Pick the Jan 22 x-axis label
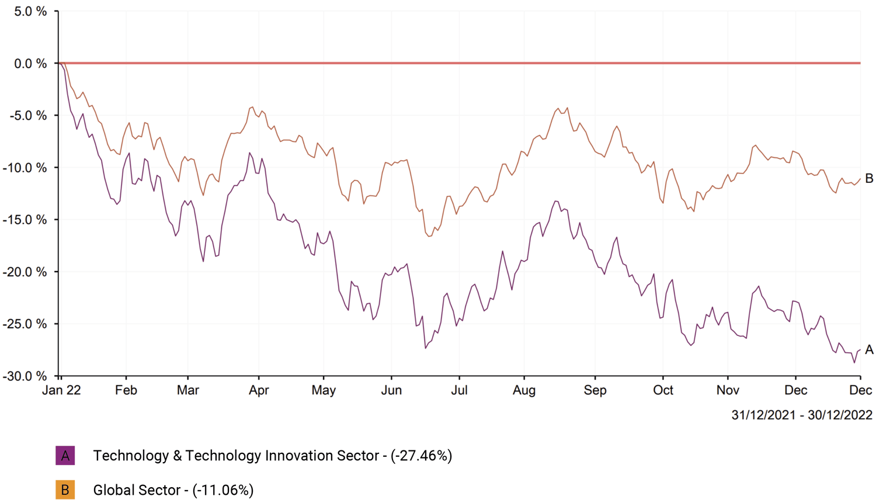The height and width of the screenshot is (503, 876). (x=61, y=390)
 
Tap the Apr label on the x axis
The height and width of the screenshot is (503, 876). (x=259, y=390)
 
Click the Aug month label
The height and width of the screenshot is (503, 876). (x=524, y=390)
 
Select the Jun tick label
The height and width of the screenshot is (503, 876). (x=391, y=390)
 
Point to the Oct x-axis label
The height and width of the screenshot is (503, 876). (x=663, y=390)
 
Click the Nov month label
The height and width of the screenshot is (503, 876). (x=728, y=390)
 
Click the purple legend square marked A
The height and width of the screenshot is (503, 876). (x=65, y=456)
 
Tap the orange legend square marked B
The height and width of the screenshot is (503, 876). (x=65, y=490)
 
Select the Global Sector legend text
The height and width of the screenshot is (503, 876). (x=137, y=490)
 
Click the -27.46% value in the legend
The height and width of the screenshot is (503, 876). (x=422, y=456)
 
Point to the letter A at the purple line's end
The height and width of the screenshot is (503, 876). (x=869, y=350)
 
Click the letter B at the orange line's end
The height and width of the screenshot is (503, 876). (x=869, y=179)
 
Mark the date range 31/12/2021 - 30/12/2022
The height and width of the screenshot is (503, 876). (x=802, y=415)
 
